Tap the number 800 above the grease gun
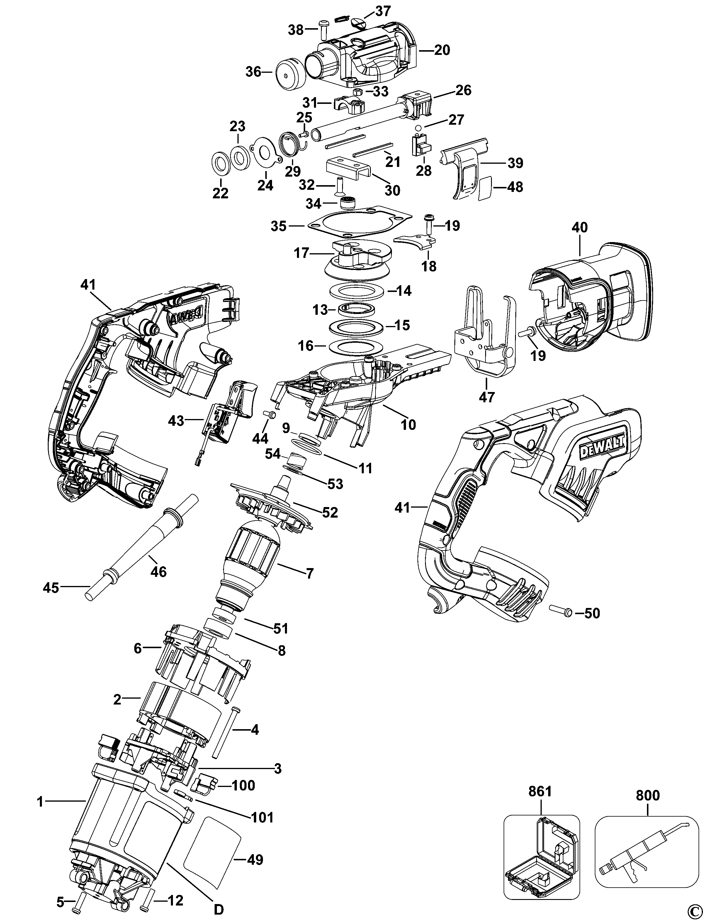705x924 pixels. click(648, 795)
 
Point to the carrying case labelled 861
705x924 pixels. click(541, 857)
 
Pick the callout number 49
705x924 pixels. click(255, 860)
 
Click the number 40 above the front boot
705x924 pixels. click(580, 228)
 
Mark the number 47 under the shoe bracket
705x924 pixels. click(487, 396)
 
